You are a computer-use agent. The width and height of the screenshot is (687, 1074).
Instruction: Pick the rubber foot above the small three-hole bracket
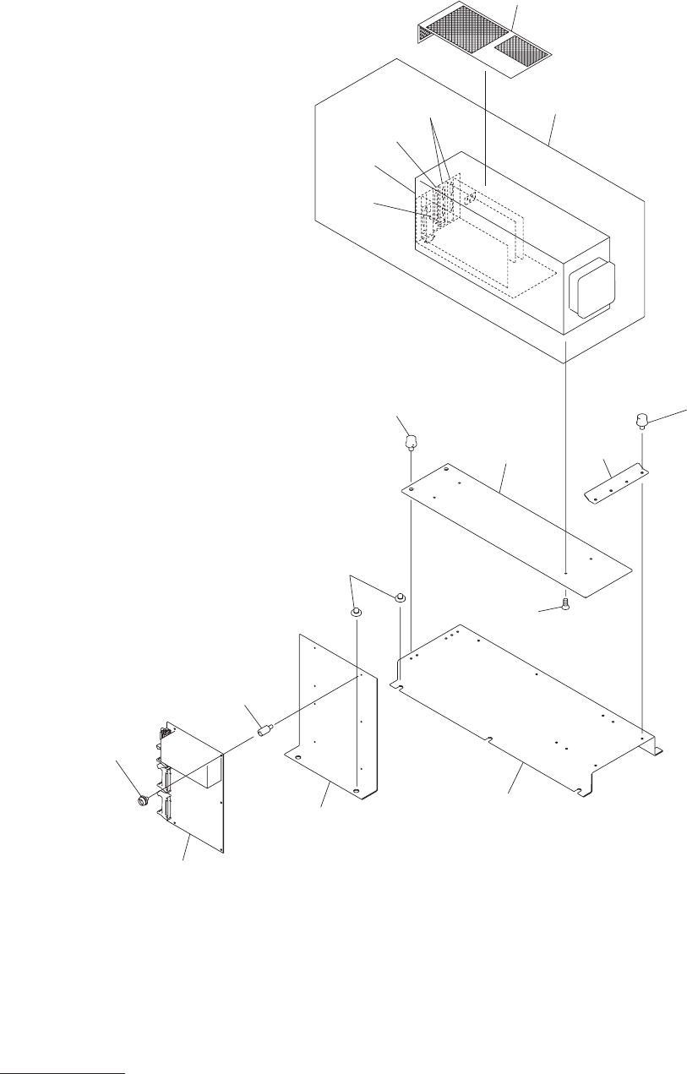pyautogui.click(x=642, y=419)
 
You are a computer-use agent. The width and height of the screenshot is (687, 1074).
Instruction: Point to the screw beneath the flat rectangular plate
pyautogui.click(x=564, y=603)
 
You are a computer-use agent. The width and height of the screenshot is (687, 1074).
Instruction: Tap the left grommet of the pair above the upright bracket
pyautogui.click(x=357, y=611)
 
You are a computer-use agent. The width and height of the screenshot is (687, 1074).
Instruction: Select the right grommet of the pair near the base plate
pyautogui.click(x=399, y=598)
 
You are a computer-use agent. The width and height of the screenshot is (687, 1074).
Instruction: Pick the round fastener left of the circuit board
pyautogui.click(x=143, y=799)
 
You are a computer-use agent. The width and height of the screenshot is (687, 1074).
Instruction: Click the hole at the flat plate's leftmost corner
pyautogui.click(x=410, y=488)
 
